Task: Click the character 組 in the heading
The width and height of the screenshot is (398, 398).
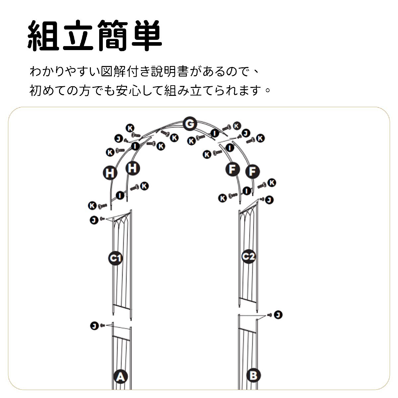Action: (x=43, y=36)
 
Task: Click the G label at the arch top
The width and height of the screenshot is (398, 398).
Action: (x=189, y=124)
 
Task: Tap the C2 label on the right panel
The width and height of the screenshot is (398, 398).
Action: (x=248, y=256)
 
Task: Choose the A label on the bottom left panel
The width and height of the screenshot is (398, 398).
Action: (x=121, y=376)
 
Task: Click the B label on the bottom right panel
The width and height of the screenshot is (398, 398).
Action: (x=253, y=375)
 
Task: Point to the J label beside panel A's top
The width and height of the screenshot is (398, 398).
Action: (x=94, y=326)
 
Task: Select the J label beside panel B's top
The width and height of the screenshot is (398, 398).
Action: (x=278, y=314)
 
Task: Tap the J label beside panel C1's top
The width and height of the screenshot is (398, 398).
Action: (x=94, y=220)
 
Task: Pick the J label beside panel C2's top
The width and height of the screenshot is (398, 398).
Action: (x=269, y=200)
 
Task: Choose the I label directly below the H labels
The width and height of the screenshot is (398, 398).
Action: (x=121, y=195)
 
